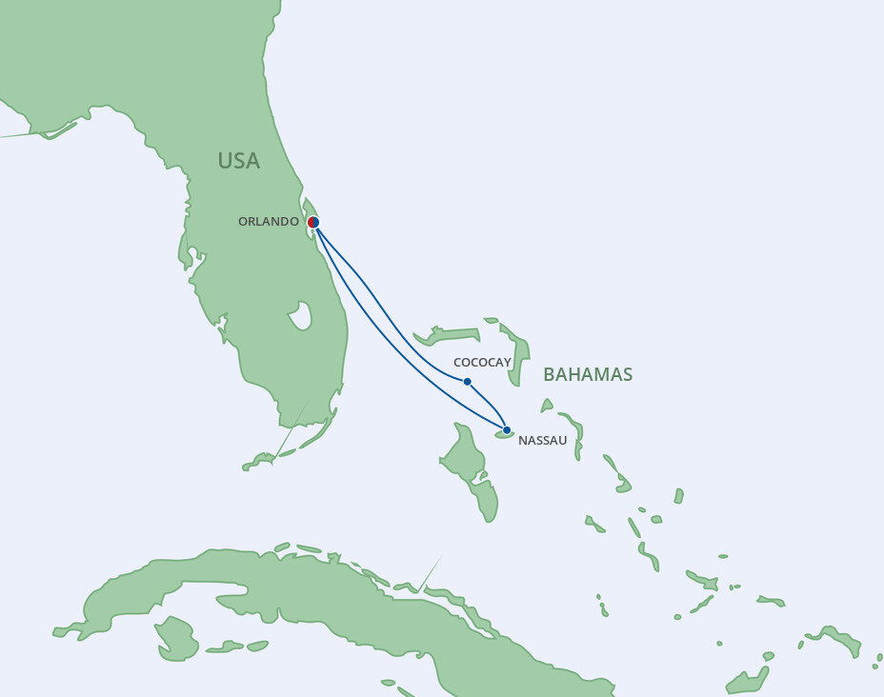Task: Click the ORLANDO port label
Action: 268,222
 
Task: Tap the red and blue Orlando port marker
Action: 313,222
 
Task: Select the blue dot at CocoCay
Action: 467,382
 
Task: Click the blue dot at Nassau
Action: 507,429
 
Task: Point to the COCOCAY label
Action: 483,363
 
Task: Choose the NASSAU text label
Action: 543,441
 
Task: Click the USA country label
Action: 238,161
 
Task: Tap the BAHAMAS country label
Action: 588,374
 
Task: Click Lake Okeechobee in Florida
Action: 300,315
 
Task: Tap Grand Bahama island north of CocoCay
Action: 446,335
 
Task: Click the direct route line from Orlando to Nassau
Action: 381,343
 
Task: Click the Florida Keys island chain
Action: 286,452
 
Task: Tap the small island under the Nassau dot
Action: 503,436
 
